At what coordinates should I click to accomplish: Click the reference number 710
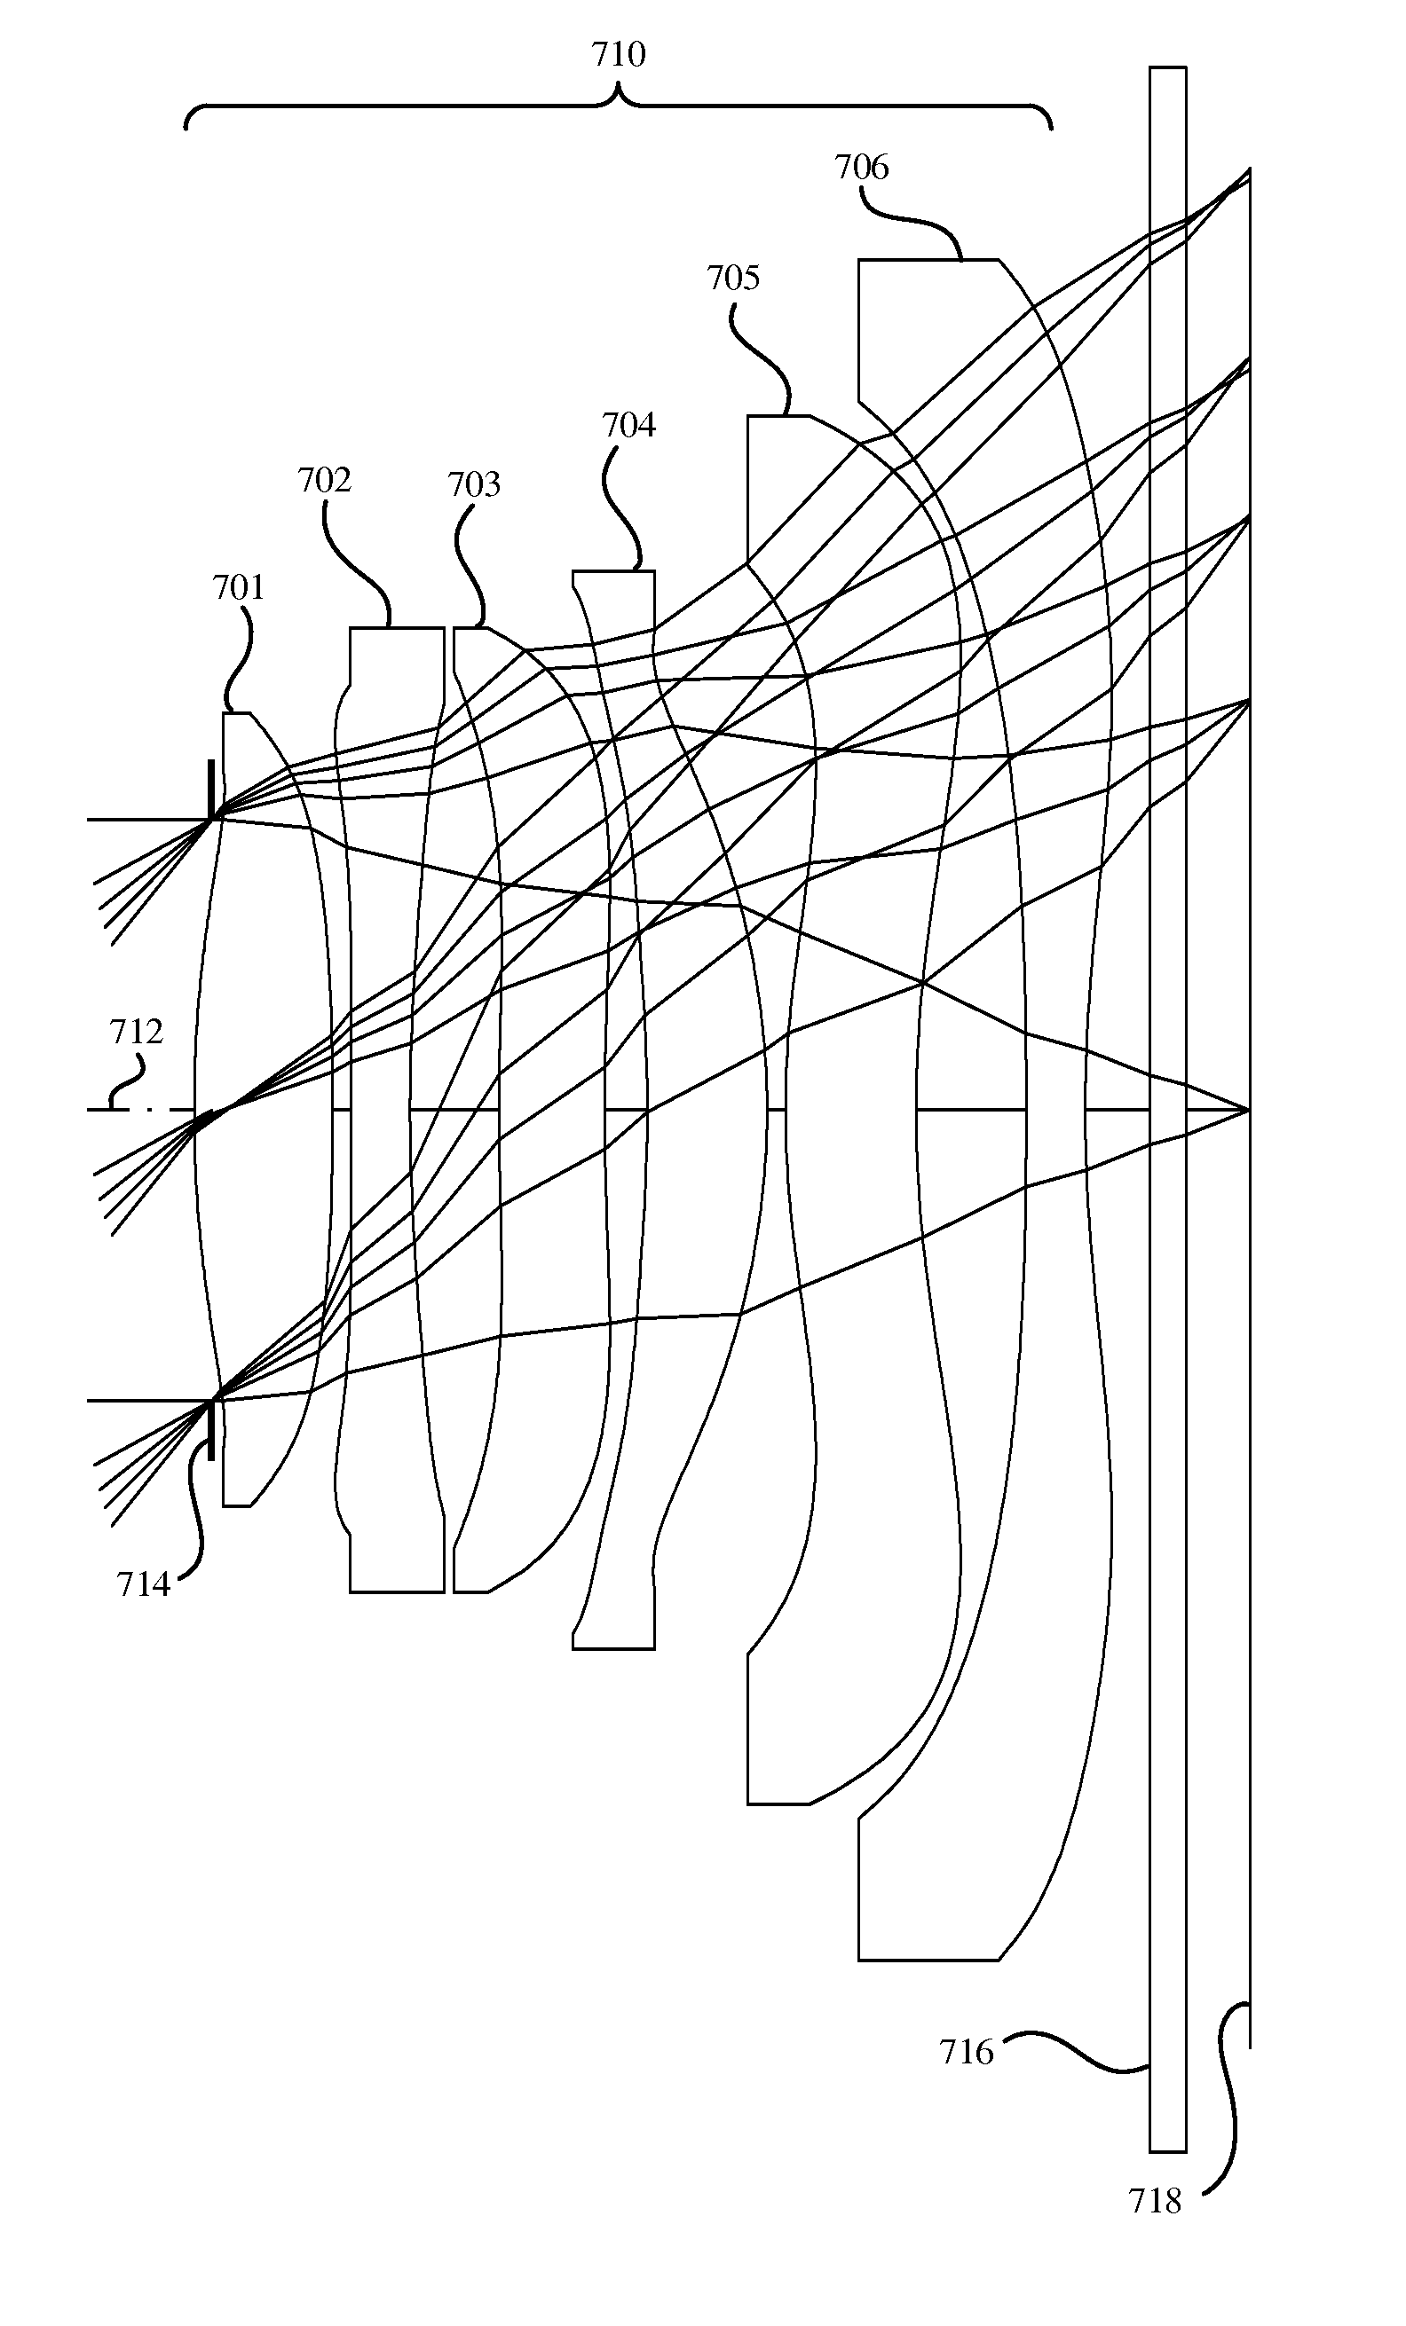(619, 55)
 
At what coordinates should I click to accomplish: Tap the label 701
(238, 587)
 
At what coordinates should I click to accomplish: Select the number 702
(324, 481)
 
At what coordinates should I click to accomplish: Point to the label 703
(473, 484)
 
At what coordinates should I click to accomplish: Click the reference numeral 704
(628, 426)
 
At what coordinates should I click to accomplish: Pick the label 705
(733, 278)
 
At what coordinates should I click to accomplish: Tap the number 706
(861, 167)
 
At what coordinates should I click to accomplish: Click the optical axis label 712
(136, 1032)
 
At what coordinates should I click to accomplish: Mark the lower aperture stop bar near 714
(210, 1430)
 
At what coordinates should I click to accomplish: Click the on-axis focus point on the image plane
(1249, 1110)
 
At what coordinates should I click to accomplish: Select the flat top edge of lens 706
(928, 260)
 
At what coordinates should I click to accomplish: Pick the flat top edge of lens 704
(613, 571)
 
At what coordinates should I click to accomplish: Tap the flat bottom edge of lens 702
(397, 1592)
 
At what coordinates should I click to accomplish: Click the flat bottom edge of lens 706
(928, 1961)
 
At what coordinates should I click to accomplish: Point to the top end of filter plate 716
(1168, 67)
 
